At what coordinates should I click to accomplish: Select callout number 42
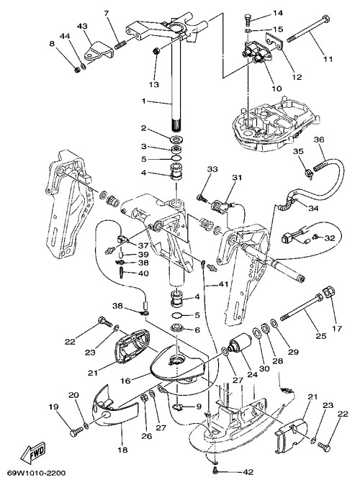coord(248,472)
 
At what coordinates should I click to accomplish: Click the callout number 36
coord(319,140)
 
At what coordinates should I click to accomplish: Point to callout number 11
coord(328,59)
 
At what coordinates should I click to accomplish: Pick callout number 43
coord(82,27)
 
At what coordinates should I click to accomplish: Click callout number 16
coord(125,381)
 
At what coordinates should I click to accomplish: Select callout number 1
coord(143,101)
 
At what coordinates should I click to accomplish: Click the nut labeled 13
coord(157,51)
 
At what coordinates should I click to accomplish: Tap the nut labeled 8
coord(78,70)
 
